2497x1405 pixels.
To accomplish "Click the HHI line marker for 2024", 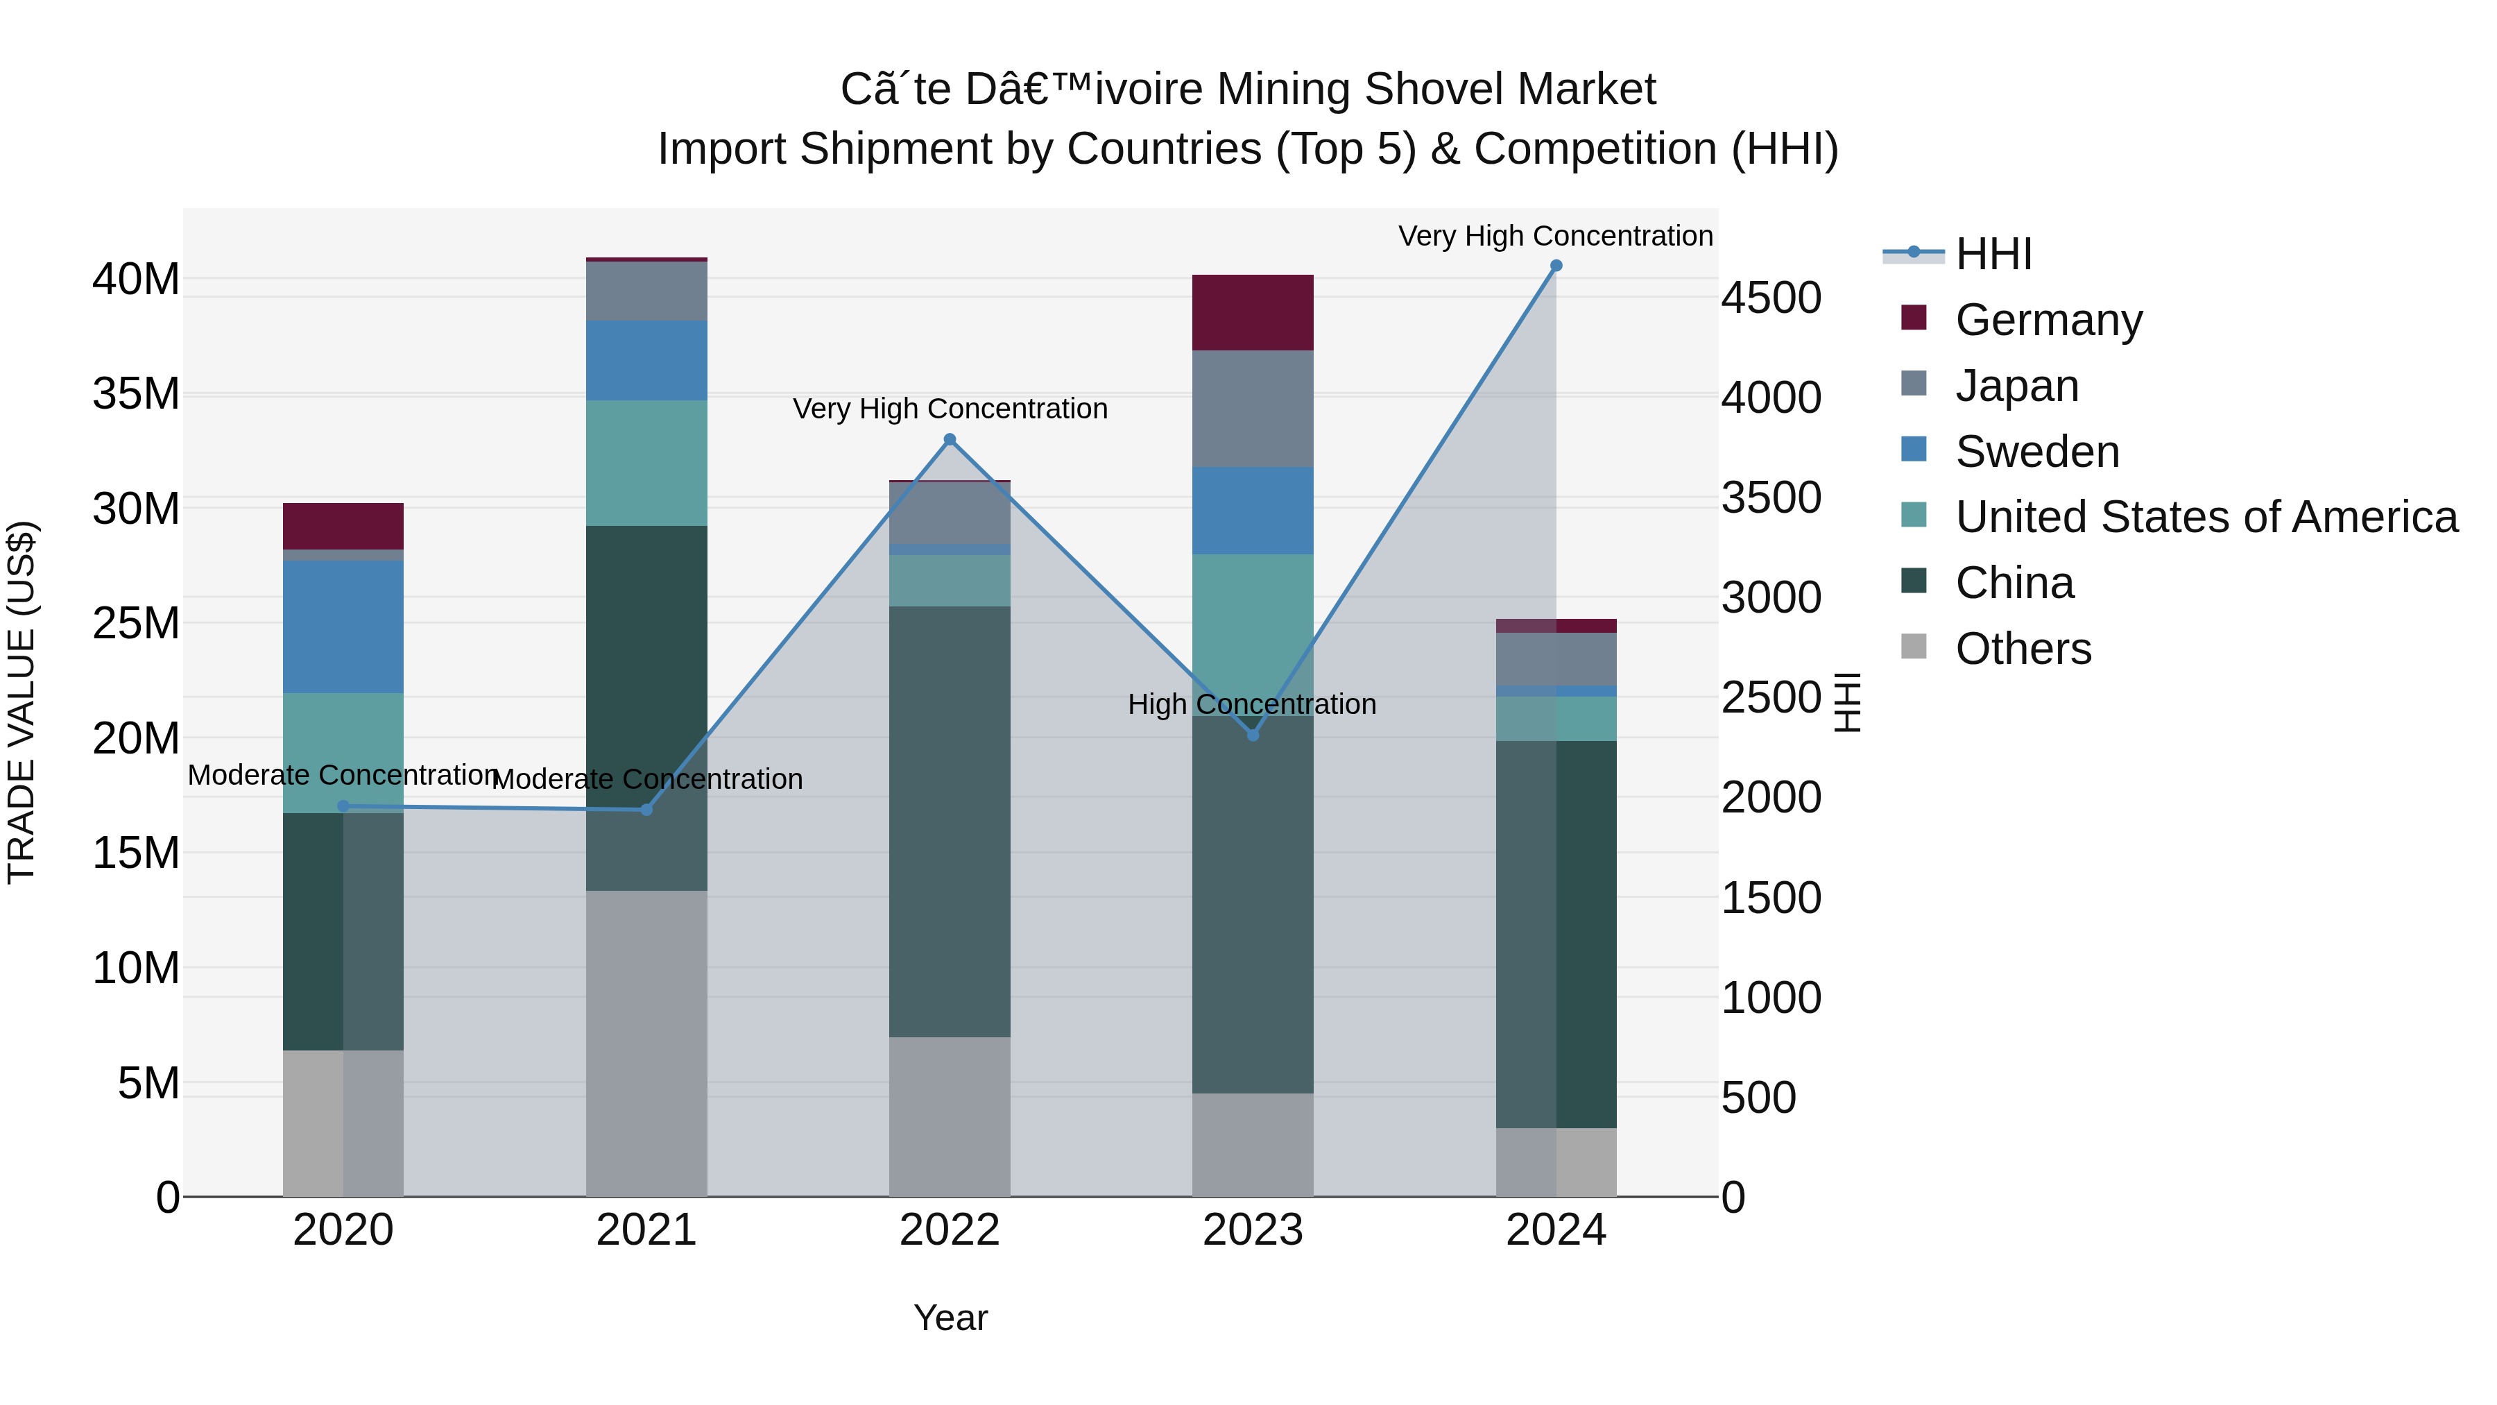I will [1556, 266].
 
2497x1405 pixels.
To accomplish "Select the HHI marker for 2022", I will [950, 440].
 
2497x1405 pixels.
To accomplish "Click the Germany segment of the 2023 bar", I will [1253, 312].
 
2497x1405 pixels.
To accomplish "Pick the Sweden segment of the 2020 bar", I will [343, 627].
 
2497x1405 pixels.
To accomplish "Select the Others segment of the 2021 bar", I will [646, 1042].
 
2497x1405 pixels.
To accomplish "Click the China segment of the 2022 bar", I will [950, 821].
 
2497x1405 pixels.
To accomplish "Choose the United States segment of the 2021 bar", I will [646, 463].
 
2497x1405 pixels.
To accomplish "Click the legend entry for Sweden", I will [2036, 452].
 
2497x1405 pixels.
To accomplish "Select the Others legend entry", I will [2023, 649].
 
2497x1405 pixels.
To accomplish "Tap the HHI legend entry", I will [1993, 254].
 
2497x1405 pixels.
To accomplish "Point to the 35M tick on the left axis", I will [136, 395].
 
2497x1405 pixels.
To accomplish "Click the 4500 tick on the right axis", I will [1771, 298].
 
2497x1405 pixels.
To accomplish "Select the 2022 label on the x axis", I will [950, 1230].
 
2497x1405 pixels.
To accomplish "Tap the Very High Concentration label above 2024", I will [1555, 236].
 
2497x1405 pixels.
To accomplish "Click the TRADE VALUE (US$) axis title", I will [22, 702].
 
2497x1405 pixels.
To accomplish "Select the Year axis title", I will [950, 1318].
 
